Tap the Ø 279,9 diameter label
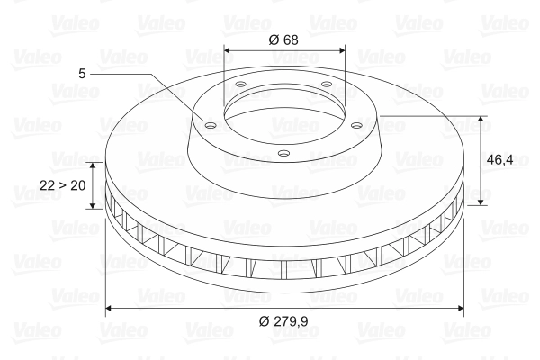click(284, 320)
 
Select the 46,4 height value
click(499, 160)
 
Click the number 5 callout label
click(82, 71)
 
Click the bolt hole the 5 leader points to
click(210, 126)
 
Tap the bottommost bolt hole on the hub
click(284, 153)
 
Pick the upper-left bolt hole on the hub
click(240, 86)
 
